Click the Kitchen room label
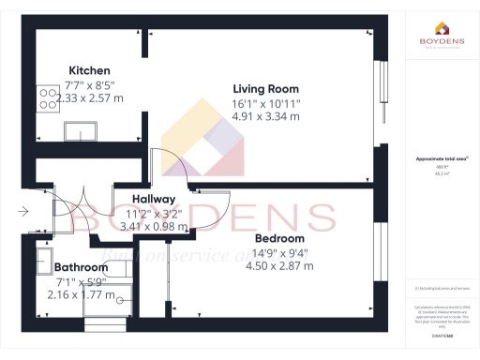click(x=90, y=70)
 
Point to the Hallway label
click(x=153, y=200)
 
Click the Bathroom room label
click(x=80, y=267)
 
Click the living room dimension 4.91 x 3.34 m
click(x=266, y=117)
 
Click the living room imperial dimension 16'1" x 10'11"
click(x=266, y=102)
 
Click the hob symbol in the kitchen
click(x=46, y=98)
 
